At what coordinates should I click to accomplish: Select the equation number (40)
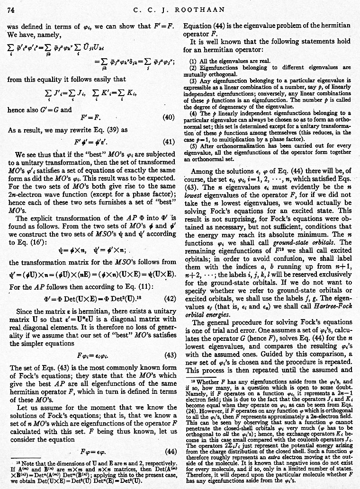point(168,117)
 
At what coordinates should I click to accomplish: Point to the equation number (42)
point(168,298)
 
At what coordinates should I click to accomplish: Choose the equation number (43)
point(168,355)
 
